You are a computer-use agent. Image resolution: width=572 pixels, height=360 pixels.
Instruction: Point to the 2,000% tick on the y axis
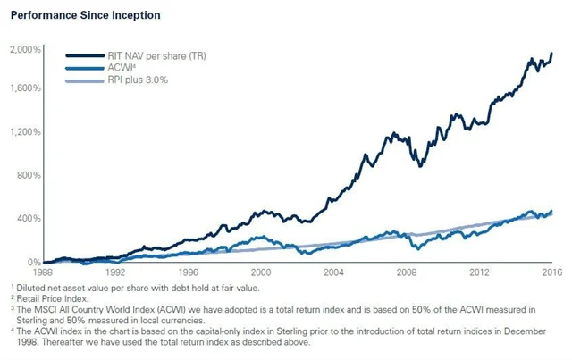pos(24,49)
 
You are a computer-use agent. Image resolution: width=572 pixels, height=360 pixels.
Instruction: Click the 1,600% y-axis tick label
pos(24,88)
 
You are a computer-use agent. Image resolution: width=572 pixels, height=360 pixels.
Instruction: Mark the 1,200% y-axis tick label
pos(24,132)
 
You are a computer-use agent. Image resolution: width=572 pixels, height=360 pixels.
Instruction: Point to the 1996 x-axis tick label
pos(188,272)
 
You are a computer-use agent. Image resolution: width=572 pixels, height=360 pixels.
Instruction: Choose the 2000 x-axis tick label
pos(260,272)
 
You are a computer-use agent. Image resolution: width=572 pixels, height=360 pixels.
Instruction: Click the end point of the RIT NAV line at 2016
pos(551,54)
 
